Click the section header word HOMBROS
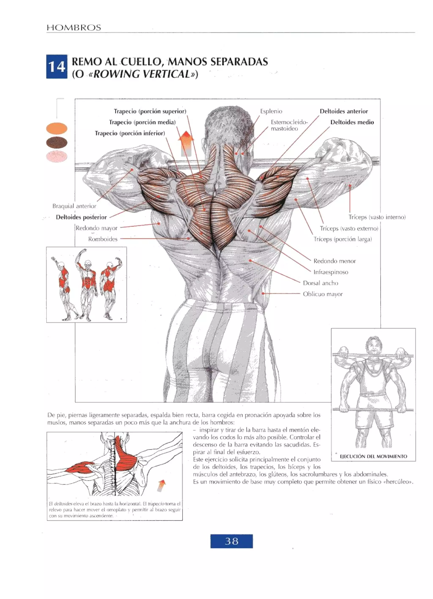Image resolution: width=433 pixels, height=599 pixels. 74,28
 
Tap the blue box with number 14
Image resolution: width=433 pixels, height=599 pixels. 56,66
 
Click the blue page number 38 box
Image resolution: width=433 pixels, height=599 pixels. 231,541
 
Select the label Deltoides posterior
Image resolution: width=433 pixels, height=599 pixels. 81,217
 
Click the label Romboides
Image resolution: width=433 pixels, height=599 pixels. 103,239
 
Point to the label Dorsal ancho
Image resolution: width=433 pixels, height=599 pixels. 320,283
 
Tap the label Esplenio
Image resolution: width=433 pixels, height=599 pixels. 271,111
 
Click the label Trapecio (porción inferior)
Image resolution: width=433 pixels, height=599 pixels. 130,133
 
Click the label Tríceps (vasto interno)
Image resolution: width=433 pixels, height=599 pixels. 377,217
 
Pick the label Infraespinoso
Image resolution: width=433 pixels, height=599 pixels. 331,272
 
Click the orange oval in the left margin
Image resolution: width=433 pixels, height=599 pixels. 56,129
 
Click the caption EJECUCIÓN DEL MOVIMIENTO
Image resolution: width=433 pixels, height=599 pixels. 373,456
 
